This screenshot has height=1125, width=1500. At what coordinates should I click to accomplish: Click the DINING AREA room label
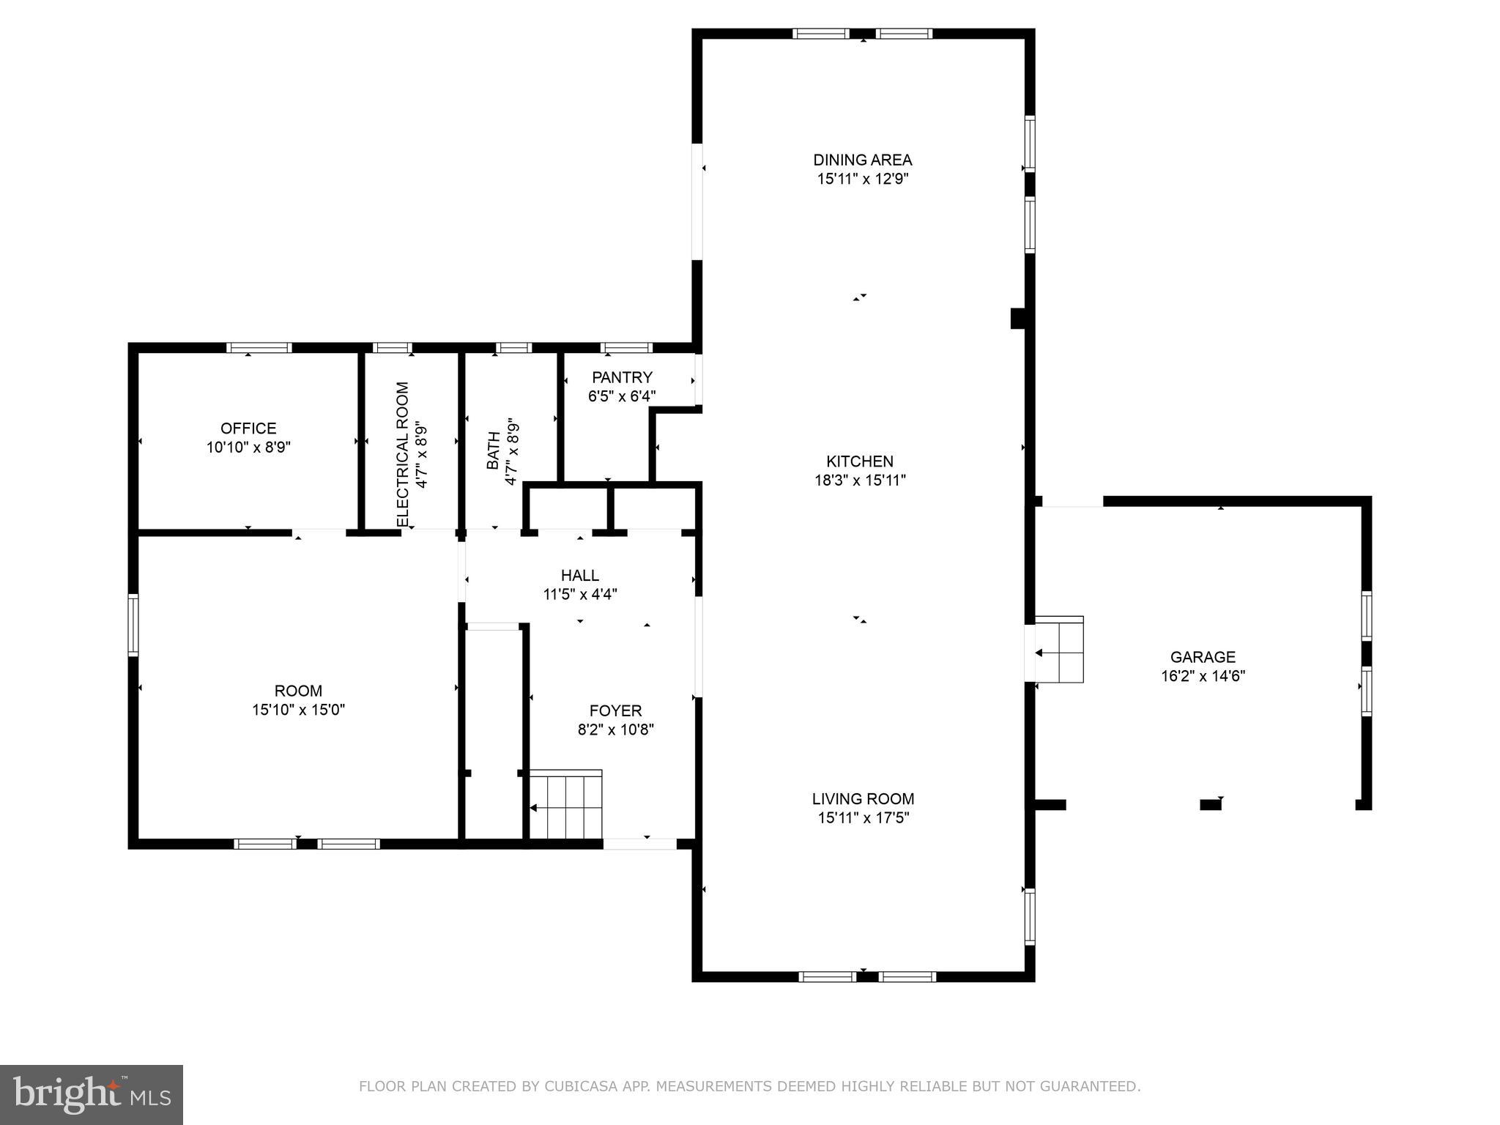(862, 160)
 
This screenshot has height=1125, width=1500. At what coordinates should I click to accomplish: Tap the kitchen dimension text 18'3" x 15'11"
(860, 480)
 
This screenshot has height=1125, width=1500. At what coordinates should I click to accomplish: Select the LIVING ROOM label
(863, 799)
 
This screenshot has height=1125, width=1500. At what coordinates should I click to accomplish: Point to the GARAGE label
(1203, 657)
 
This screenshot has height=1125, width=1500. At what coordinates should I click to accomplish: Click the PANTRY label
(622, 377)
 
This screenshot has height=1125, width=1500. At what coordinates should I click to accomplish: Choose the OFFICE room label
(248, 428)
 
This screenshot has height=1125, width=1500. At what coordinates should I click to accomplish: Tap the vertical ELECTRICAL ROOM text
(403, 454)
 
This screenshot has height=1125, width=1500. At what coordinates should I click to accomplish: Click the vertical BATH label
(494, 450)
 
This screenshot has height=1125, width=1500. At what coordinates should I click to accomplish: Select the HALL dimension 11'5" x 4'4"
(580, 594)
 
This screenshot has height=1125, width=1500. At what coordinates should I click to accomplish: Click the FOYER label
(615, 710)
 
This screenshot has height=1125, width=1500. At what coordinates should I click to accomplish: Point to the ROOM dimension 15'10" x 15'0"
(298, 709)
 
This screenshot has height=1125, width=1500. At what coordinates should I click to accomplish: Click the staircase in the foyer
(566, 804)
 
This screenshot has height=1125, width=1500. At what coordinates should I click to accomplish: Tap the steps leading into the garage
(1059, 650)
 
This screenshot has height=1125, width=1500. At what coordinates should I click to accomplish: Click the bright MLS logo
(91, 1094)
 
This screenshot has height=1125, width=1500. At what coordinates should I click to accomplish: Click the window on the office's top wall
(259, 348)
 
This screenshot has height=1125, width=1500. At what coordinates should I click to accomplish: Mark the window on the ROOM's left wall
(133, 624)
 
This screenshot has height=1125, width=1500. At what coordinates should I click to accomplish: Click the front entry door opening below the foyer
(639, 844)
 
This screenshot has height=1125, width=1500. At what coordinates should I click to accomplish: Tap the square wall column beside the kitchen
(1017, 319)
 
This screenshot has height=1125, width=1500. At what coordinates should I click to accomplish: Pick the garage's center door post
(1210, 805)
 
